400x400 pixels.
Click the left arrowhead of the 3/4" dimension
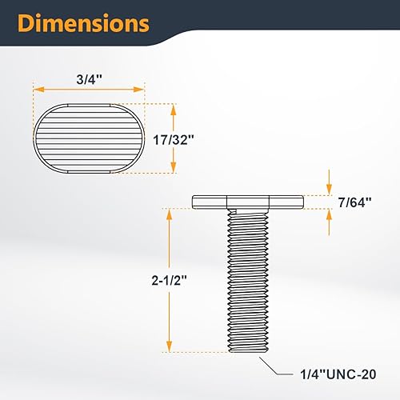coord(35,90)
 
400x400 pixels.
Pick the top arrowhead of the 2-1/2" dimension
coord(170,212)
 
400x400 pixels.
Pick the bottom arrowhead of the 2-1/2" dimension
coord(170,348)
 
